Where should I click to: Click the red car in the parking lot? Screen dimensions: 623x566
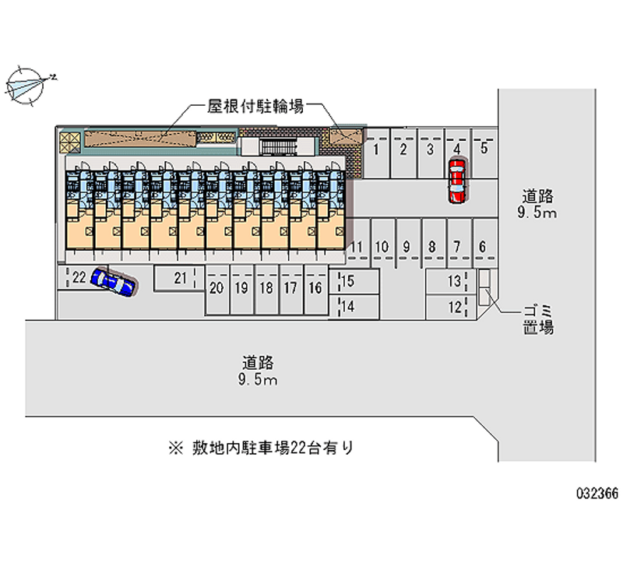(x=457, y=181)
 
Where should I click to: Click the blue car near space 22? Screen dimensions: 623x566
(x=114, y=282)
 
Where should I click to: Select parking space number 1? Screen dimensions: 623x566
(x=377, y=153)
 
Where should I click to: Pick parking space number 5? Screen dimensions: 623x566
(x=484, y=153)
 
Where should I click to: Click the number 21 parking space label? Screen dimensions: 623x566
(x=181, y=278)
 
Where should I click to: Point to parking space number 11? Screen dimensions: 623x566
(x=357, y=242)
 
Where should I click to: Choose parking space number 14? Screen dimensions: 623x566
(x=354, y=307)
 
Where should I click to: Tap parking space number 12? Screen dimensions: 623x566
(x=451, y=307)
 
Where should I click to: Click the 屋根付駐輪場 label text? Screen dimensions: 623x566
(x=255, y=106)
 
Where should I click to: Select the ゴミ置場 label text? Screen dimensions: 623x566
(x=538, y=320)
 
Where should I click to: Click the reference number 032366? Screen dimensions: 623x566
(x=597, y=494)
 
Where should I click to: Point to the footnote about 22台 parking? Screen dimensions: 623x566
(x=261, y=448)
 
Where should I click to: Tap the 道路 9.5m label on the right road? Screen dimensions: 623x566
(x=537, y=205)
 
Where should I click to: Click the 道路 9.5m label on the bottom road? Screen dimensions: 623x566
(x=258, y=371)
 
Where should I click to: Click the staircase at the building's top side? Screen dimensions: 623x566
(x=279, y=147)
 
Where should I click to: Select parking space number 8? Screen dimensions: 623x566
(x=434, y=242)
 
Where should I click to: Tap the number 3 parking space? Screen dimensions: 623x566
(x=431, y=153)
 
